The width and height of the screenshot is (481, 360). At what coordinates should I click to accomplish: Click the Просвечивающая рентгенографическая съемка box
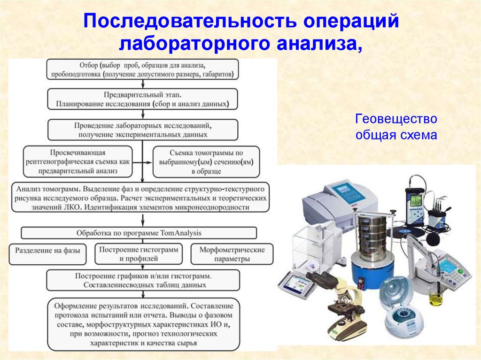coord(78,161)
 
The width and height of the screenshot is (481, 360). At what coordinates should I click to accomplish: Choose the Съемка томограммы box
coord(206,162)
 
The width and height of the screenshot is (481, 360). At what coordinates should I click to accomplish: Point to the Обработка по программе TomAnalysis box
coord(139,233)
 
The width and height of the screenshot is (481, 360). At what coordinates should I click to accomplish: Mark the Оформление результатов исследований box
coord(142,324)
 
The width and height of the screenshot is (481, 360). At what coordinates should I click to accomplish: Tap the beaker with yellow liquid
coord(436,297)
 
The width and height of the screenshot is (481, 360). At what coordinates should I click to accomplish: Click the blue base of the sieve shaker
coord(371,272)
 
